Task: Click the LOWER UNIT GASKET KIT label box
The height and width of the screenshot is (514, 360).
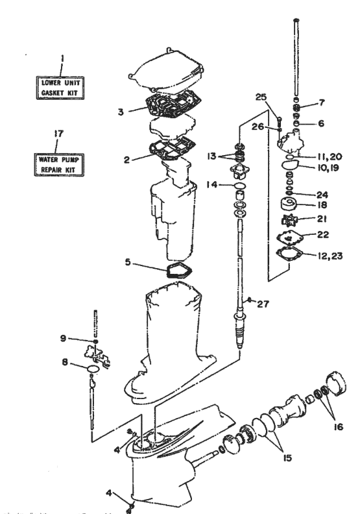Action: click(61, 88)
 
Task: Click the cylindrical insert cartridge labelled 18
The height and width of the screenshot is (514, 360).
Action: click(286, 204)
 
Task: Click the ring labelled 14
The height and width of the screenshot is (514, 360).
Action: click(238, 186)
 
